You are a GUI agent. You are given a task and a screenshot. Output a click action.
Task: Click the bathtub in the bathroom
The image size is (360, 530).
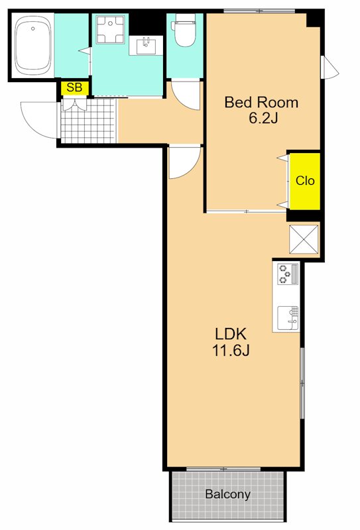(33, 46)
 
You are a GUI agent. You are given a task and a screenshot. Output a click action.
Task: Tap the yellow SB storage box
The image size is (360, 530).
(75, 88)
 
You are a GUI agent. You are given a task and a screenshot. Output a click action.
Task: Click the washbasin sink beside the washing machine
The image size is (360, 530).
(146, 46)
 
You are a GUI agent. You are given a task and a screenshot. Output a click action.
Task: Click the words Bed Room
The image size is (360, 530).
(261, 102)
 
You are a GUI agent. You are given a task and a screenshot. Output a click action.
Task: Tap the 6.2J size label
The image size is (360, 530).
(263, 118)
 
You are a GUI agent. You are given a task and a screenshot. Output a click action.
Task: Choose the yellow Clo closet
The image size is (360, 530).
(304, 181)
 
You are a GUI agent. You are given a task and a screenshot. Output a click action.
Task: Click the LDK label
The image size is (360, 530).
(231, 334)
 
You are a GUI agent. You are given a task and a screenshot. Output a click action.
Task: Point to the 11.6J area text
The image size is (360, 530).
(231, 350)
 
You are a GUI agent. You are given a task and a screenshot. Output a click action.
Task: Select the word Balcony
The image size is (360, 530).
(227, 494)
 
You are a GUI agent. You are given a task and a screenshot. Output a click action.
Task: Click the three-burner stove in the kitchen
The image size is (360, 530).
(288, 274)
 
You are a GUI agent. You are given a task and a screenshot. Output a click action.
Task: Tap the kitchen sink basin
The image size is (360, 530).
(288, 318)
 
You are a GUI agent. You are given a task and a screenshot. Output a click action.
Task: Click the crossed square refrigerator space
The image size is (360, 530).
(304, 239)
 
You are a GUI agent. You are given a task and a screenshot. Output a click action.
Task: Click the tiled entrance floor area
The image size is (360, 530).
(88, 121)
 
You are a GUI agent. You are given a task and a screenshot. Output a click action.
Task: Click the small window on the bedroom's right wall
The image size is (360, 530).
(330, 67)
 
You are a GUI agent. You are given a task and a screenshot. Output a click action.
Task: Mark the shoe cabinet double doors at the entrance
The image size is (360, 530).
(74, 104)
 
